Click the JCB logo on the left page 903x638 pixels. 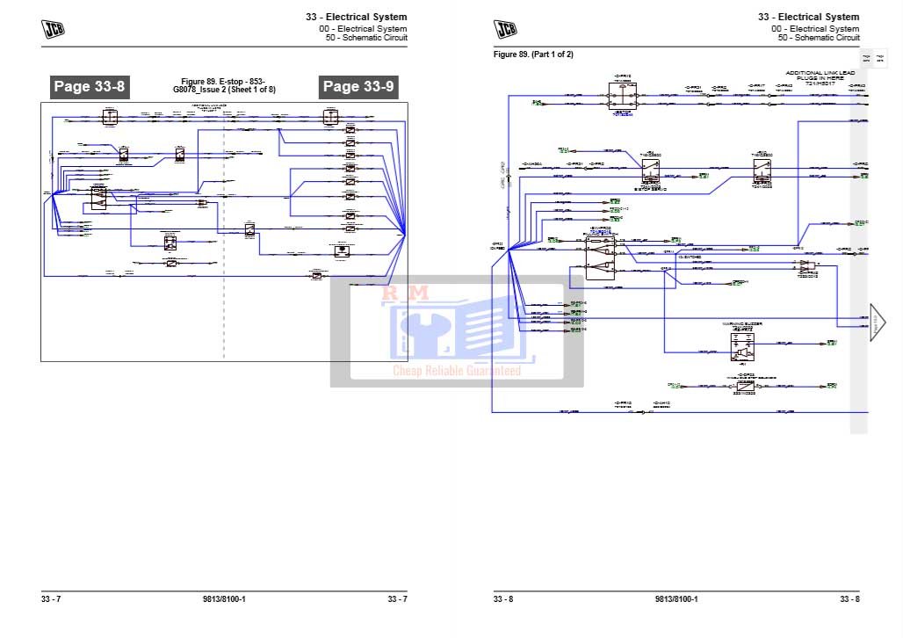pyautogui.click(x=54, y=29)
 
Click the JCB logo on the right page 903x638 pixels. pyautogui.click(x=506, y=29)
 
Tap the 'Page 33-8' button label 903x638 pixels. pyautogui.click(x=90, y=86)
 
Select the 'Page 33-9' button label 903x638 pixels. pyautogui.click(x=358, y=86)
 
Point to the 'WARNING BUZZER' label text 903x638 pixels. pyautogui.click(x=742, y=324)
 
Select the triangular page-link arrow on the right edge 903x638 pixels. pyautogui.click(x=878, y=323)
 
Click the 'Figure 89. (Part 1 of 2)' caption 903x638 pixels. pyautogui.click(x=533, y=54)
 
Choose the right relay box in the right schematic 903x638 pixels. pyautogui.click(x=761, y=170)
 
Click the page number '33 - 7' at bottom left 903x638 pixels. pyautogui.click(x=51, y=599)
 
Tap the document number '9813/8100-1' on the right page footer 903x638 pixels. pyautogui.click(x=676, y=599)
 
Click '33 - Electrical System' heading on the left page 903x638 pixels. pyautogui.click(x=356, y=17)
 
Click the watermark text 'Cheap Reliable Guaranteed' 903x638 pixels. pyautogui.click(x=457, y=371)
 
